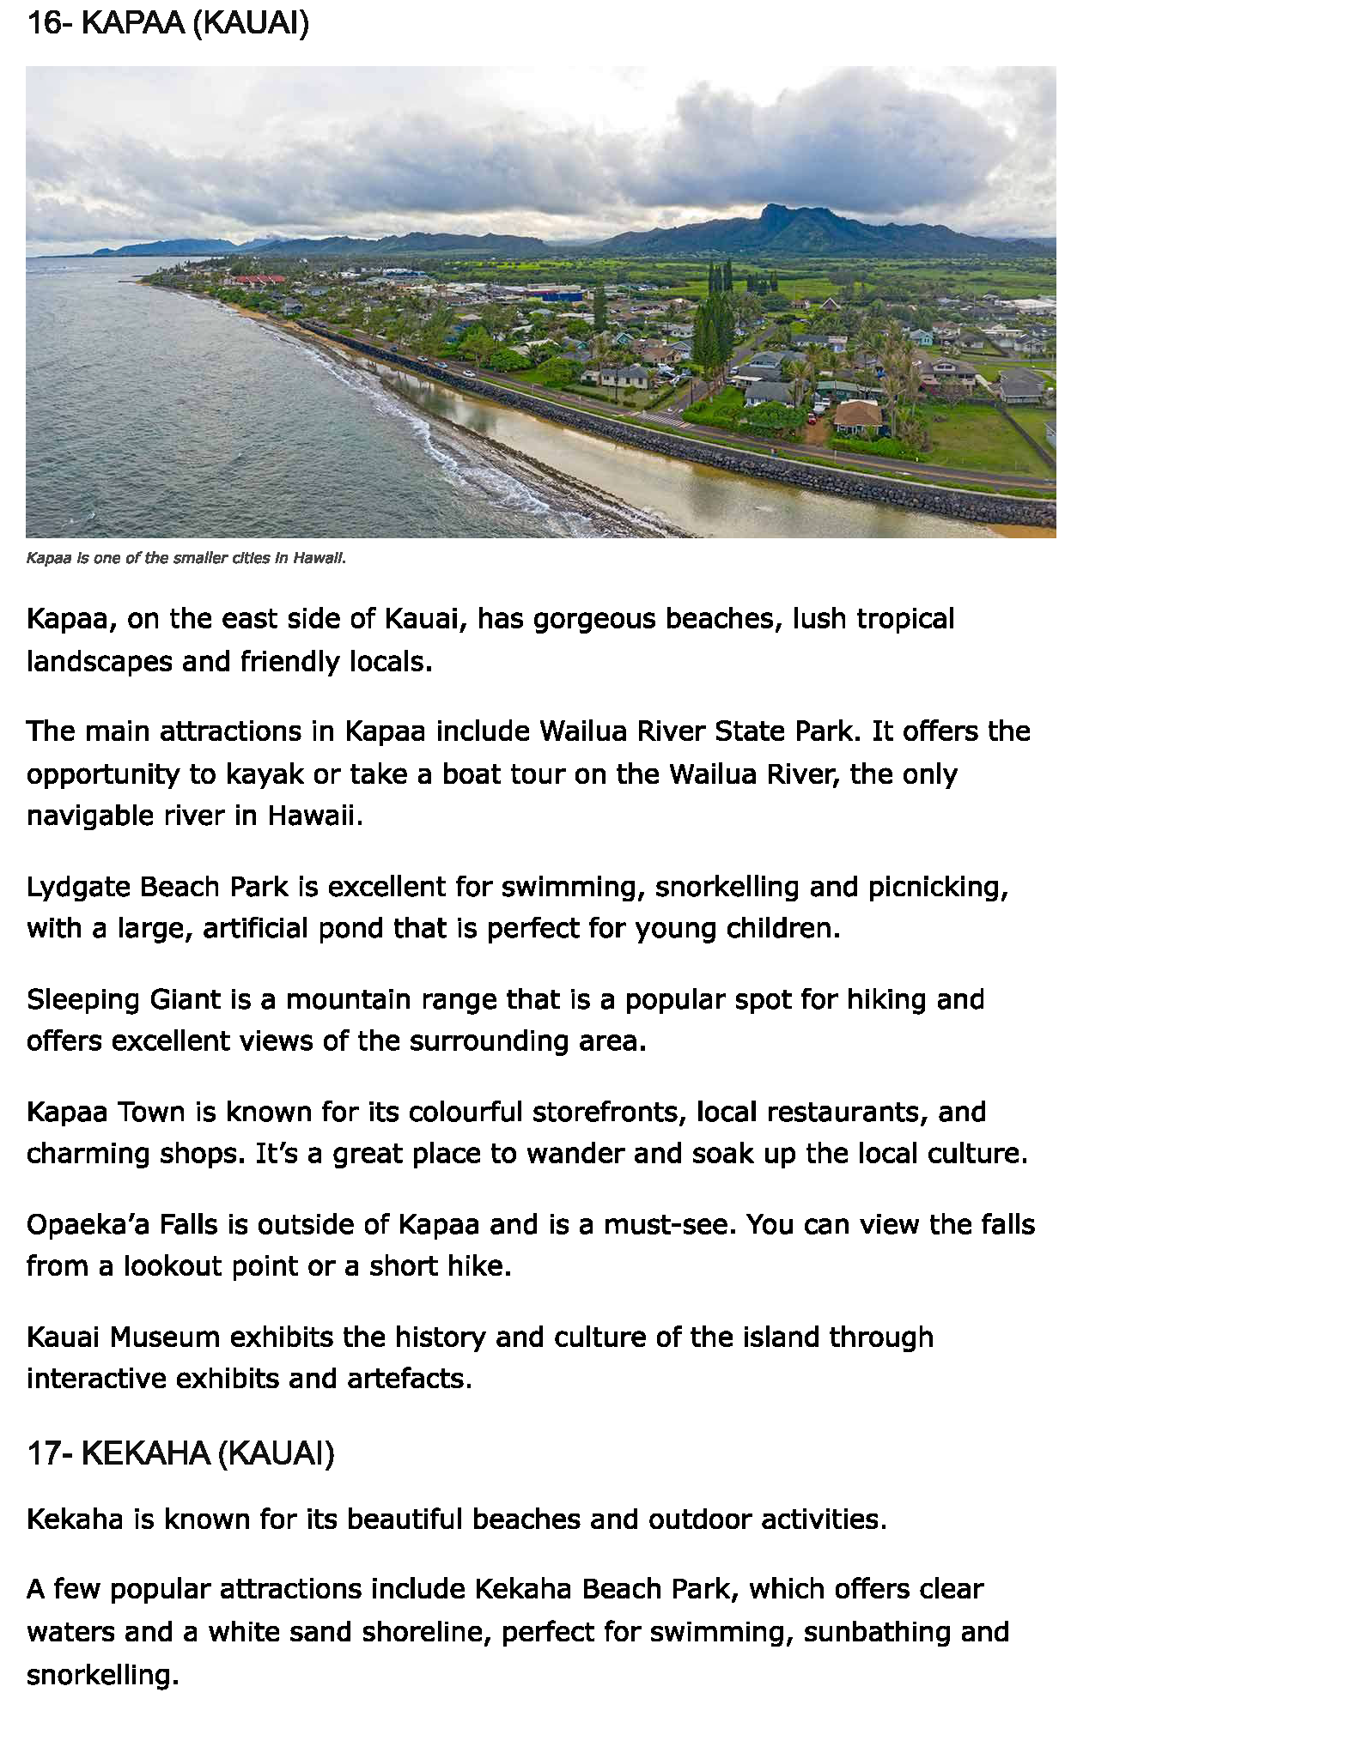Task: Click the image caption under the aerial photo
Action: point(186,558)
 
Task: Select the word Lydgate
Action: point(78,886)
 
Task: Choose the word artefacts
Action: point(409,1378)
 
